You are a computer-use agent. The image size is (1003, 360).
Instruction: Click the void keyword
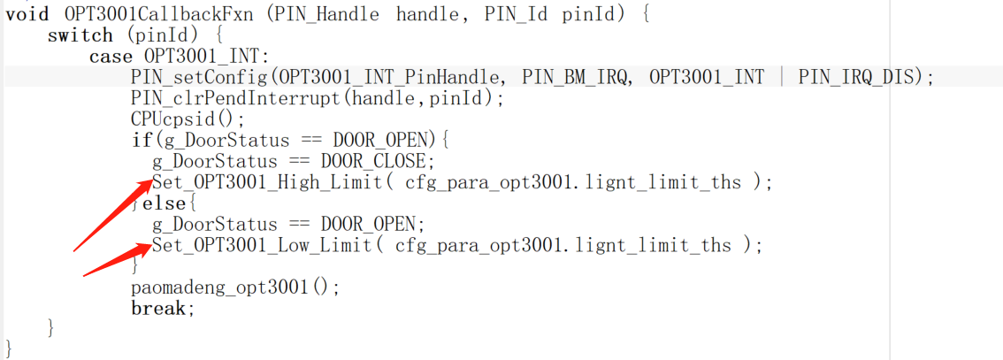[x=27, y=14]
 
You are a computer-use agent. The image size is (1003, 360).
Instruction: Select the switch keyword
[x=80, y=35]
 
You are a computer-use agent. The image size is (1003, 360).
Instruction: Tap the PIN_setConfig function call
[x=185, y=77]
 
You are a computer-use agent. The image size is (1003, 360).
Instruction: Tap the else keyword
[x=165, y=203]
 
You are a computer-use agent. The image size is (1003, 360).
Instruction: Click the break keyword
[x=158, y=309]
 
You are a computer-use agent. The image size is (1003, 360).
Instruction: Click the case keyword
[x=110, y=57]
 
